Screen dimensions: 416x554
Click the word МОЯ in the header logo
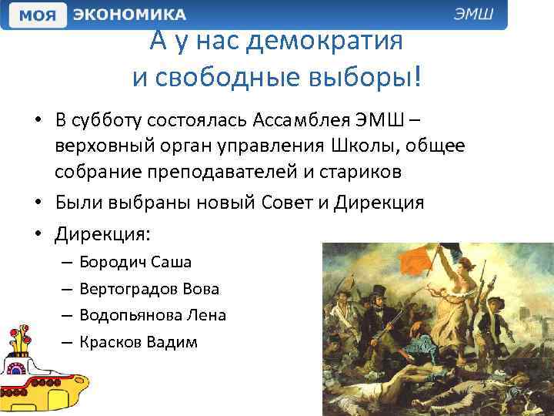36,15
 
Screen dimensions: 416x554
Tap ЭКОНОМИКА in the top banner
128,15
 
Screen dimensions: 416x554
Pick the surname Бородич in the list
114,262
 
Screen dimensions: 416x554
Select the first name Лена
208,315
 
